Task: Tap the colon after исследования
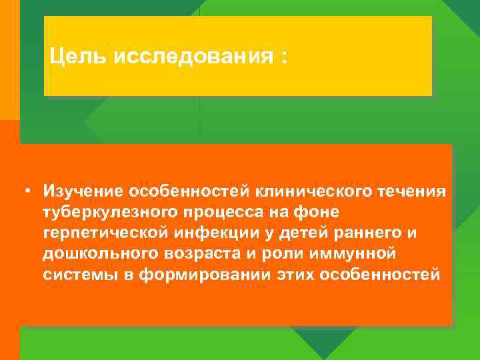click(x=285, y=57)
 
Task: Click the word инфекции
click(x=215, y=234)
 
